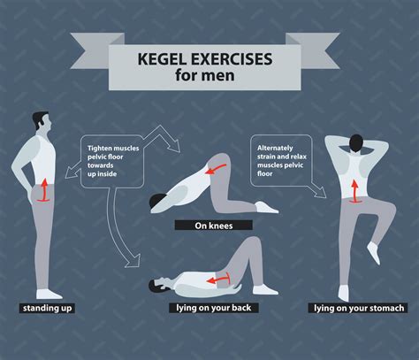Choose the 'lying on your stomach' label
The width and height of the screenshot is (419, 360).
(358, 308)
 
